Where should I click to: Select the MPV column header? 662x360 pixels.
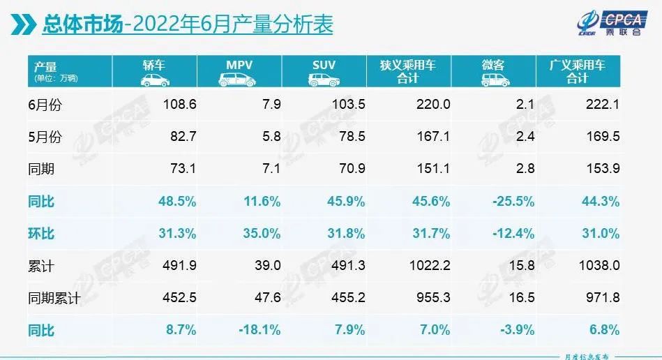tap(239, 65)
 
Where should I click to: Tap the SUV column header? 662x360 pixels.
tap(324, 65)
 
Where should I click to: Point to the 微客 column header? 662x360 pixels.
tap(493, 65)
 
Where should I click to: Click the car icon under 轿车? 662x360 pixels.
tap(154, 80)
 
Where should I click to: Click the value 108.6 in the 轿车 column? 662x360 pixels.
tap(180, 104)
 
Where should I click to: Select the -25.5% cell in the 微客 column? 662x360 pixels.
tap(514, 201)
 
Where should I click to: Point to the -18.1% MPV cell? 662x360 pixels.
tap(261, 329)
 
